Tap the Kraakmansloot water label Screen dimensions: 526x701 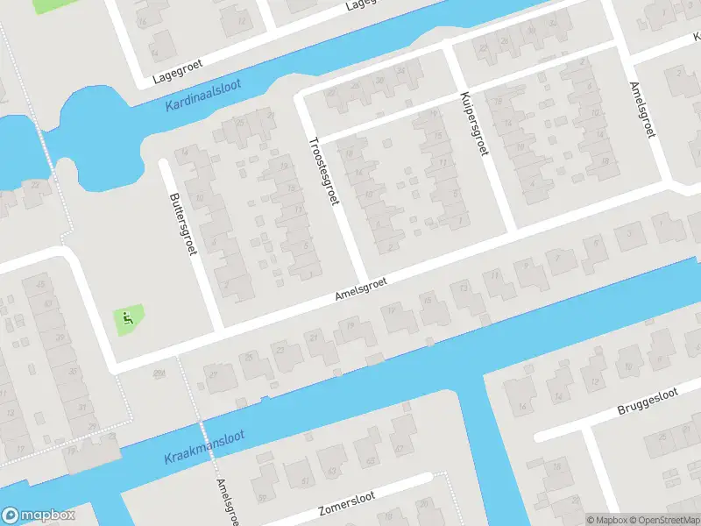204,447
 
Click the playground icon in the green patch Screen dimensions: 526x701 128,319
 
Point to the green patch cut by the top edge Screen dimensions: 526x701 54,4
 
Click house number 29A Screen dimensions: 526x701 159,374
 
